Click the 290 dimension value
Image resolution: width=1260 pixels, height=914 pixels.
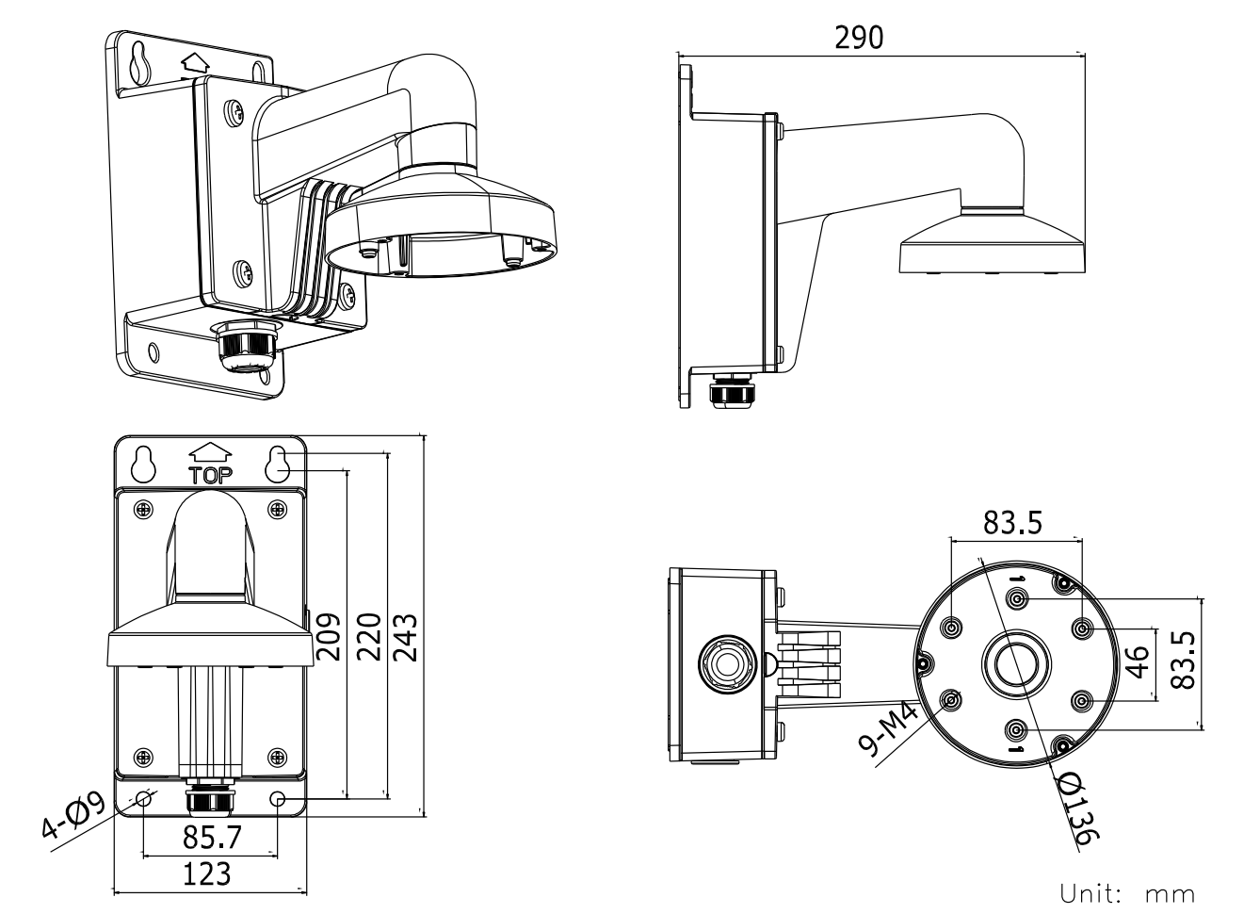pos(859,38)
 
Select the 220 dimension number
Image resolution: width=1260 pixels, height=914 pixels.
pos(370,637)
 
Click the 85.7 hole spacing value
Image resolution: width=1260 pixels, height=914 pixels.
pos(210,837)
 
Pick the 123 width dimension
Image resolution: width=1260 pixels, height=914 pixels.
pos(206,873)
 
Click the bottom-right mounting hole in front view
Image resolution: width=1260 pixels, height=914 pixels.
pos(278,799)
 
